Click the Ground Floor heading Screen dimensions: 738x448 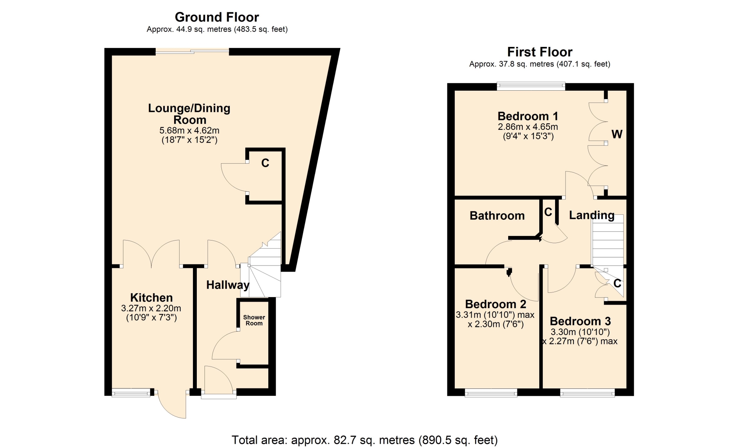(217, 17)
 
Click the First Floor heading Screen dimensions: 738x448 (540, 52)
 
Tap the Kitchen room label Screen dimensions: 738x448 (151, 297)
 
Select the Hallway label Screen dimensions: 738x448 (228, 285)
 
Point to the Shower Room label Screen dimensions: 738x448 (254, 320)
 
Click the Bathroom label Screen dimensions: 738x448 (497, 216)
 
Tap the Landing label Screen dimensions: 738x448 (592, 215)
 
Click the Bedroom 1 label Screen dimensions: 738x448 (528, 116)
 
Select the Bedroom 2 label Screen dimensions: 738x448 (495, 304)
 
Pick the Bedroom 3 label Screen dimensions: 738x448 (580, 321)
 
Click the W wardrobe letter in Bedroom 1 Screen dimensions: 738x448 (617, 134)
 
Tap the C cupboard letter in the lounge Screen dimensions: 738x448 (265, 163)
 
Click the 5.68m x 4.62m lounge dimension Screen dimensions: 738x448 (189, 131)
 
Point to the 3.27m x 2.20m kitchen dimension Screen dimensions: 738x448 (151, 308)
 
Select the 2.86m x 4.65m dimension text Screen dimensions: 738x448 (528, 127)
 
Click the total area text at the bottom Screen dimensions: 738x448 (364, 440)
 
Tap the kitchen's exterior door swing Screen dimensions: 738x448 (172, 405)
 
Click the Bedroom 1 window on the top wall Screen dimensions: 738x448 (531, 86)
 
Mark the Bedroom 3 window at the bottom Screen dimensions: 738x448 (587, 393)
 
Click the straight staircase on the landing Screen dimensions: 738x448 (607, 240)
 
